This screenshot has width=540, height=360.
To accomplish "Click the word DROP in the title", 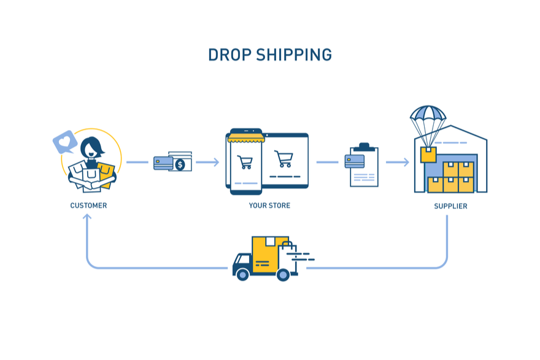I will tap(229, 55).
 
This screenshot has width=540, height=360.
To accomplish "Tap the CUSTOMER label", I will tap(88, 205).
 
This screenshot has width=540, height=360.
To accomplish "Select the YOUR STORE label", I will tap(269, 205).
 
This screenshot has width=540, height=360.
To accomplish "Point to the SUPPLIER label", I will tap(450, 206).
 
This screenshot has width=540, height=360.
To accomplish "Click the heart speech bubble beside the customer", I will tap(65, 142).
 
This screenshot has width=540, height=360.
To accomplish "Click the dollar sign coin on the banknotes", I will tap(180, 164).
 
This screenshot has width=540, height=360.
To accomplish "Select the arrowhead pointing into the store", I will tap(215, 162).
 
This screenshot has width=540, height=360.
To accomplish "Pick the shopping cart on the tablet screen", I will tap(283, 159).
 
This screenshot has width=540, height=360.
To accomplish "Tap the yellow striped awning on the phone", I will tap(245, 139).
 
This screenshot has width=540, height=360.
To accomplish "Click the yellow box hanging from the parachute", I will tap(428, 155).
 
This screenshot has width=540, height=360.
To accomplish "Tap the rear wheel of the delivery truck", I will tap(283, 274).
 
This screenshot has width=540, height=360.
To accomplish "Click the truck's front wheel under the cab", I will tap(243, 275).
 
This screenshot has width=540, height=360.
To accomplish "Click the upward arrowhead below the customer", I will tap(87, 218).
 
